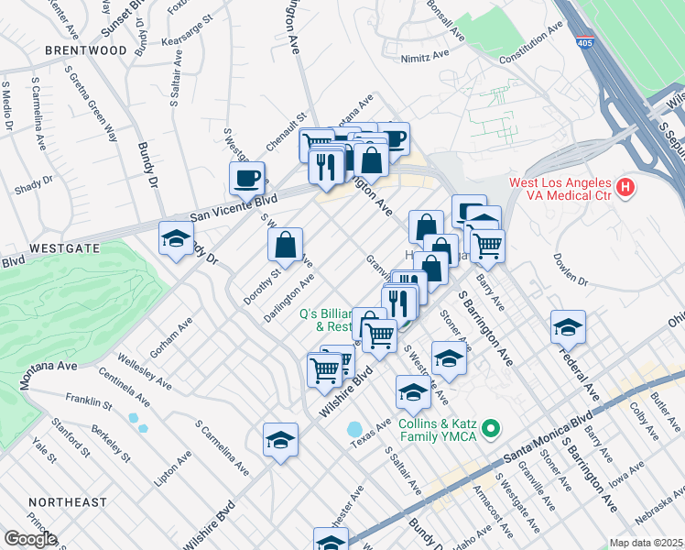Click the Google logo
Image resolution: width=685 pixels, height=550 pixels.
(30, 538)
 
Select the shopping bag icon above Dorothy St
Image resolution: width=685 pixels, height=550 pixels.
(286, 245)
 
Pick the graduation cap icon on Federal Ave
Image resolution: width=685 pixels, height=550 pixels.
(568, 326)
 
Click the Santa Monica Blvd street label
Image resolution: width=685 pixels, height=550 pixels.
(540, 437)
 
